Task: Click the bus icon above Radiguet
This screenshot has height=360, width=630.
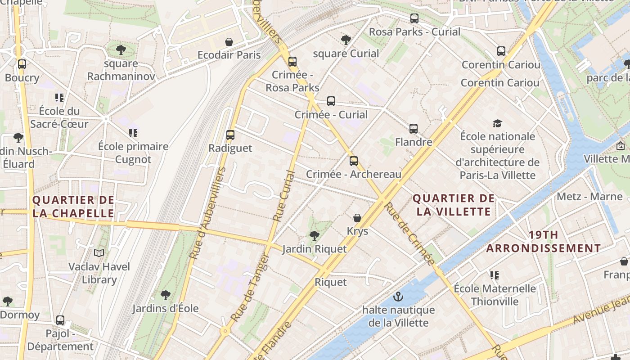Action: point(230,135)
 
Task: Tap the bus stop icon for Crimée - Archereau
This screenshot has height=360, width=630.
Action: point(354,161)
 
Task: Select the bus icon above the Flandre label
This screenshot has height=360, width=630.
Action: point(414,129)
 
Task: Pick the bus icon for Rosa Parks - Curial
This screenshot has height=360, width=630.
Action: point(414,18)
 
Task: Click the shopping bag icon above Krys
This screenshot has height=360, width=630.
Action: point(357,218)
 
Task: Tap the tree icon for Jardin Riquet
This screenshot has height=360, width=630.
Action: point(315,235)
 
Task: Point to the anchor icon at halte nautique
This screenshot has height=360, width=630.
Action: point(398,297)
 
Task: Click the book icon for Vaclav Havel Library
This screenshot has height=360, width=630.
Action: point(99,253)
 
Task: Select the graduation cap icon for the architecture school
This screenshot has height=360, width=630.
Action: point(497,123)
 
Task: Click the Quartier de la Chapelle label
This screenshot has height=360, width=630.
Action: point(73,207)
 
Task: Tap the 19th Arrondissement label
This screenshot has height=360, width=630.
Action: point(544,242)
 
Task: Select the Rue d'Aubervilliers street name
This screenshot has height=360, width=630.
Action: point(207,213)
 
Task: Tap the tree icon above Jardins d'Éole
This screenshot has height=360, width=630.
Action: point(166,295)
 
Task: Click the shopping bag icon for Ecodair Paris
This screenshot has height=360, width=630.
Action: point(229,42)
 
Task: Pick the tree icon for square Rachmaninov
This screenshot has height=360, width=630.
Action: point(121,49)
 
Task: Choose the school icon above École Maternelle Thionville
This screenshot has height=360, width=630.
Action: point(495,275)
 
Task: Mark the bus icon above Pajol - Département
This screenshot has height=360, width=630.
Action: point(60,320)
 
